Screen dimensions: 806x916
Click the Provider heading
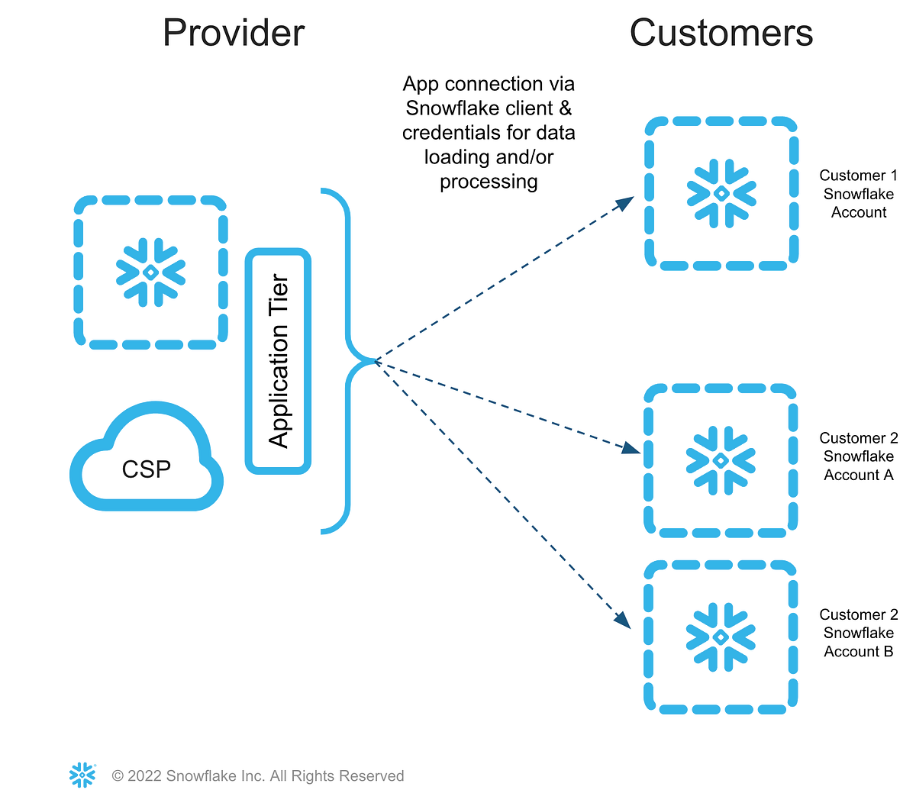(x=234, y=34)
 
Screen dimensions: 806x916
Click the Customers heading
(x=721, y=34)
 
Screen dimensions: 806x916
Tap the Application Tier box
(x=279, y=361)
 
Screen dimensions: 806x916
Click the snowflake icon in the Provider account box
(x=150, y=272)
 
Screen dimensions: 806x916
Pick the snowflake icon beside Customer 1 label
(x=721, y=193)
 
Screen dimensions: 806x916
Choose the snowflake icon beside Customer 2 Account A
(x=721, y=460)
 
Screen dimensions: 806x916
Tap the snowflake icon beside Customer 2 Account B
(x=721, y=637)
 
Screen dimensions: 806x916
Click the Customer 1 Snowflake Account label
(x=858, y=194)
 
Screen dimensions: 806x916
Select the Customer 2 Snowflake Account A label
(x=858, y=456)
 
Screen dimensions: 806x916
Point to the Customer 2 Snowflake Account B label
(x=858, y=633)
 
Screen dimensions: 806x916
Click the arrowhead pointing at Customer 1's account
(x=625, y=203)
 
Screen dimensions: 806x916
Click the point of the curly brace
(x=374, y=361)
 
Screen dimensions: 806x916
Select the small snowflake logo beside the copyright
(x=82, y=775)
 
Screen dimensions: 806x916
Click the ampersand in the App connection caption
(x=565, y=108)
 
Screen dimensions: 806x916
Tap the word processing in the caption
(x=489, y=182)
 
